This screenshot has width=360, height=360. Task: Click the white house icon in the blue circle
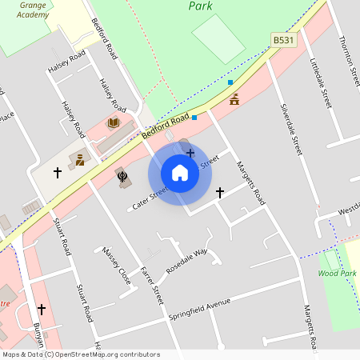pyautogui.click(x=180, y=173)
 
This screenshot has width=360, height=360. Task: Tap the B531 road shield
pyautogui.click(x=282, y=39)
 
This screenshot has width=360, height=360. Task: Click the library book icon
pyautogui.click(x=114, y=122)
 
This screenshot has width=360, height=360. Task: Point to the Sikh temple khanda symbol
pyautogui.click(x=122, y=176)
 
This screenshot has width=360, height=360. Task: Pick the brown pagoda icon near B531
pyautogui.click(x=234, y=100)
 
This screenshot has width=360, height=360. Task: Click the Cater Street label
pyautogui.click(x=150, y=198)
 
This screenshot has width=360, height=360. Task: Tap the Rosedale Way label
pyautogui.click(x=186, y=258)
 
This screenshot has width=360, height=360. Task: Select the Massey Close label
pyautogui.click(x=116, y=266)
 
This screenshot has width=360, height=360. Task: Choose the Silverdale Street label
pyautogui.click(x=292, y=128)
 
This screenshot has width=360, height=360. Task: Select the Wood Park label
pyautogui.click(x=337, y=274)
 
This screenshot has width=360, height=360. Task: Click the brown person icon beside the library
pyautogui.click(x=80, y=160)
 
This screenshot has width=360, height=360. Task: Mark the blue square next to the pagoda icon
pyautogui.click(x=230, y=82)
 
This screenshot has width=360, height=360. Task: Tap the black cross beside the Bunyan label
pyautogui.click(x=41, y=309)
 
